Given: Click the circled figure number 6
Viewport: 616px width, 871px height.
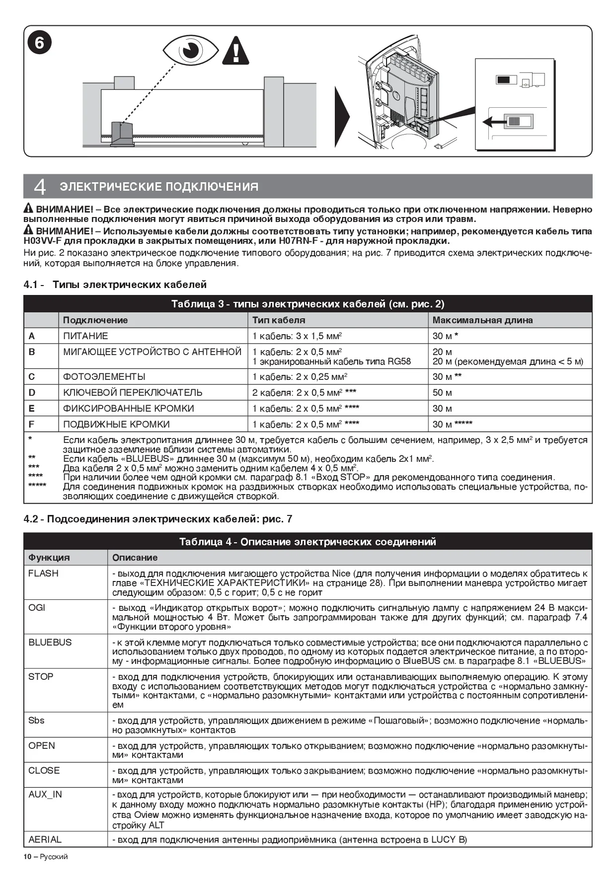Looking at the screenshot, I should click(39, 44).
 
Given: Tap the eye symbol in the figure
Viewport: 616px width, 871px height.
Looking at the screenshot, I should click(190, 50).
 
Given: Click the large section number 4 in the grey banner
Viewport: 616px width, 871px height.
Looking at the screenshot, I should click(40, 187).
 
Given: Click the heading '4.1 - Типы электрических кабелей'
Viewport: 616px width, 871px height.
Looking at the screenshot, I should click(115, 285).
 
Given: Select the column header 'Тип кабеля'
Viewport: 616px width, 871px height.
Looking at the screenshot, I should click(279, 320).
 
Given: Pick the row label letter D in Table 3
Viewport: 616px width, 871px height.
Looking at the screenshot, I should click(32, 393).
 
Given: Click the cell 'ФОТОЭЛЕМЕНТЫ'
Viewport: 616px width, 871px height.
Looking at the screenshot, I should click(104, 377).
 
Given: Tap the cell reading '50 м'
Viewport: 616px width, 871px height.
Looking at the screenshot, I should click(442, 393).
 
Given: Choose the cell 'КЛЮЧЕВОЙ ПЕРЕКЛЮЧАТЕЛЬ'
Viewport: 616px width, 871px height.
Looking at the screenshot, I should click(133, 393).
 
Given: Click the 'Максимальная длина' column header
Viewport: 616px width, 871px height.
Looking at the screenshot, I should click(482, 320).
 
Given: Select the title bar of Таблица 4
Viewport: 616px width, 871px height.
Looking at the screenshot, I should click(308, 542).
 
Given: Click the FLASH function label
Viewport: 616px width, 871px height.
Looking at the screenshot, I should click(43, 574).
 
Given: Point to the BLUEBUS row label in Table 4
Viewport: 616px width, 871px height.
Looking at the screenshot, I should click(50, 643).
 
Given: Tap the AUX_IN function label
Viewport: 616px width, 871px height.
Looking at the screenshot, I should click(45, 795).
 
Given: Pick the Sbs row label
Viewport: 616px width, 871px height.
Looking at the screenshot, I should click(36, 721).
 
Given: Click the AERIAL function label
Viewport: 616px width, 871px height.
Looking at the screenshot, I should click(45, 840).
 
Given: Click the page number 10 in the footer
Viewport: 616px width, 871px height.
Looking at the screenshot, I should click(27, 857).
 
